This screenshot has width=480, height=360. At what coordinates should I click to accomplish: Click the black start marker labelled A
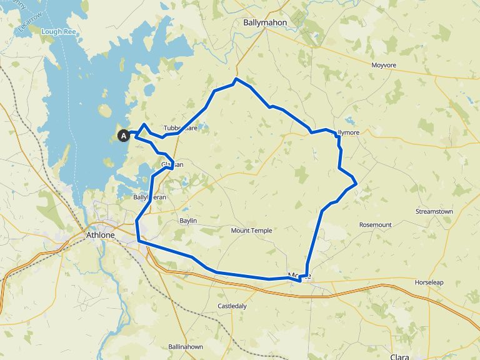(x=123, y=135)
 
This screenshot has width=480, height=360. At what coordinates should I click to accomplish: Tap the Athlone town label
(x=100, y=236)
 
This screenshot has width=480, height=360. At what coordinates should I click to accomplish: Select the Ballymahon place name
(x=264, y=23)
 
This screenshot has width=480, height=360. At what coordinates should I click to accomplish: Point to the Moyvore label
(x=384, y=65)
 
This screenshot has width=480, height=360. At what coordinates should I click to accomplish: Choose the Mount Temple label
(x=251, y=231)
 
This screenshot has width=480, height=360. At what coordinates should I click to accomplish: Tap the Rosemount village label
(x=375, y=224)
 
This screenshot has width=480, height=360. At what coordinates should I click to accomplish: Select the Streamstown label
(x=434, y=212)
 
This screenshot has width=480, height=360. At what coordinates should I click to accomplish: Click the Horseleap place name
(x=429, y=282)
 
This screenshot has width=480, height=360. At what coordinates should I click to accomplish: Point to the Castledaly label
(x=232, y=306)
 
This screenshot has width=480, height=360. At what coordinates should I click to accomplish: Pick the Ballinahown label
(x=186, y=347)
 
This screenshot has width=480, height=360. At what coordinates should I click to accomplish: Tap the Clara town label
(x=400, y=356)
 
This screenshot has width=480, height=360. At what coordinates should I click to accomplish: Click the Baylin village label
(x=188, y=221)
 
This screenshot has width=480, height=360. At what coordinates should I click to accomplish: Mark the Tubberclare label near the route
(x=181, y=128)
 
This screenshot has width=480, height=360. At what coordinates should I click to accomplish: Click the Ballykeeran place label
(x=149, y=197)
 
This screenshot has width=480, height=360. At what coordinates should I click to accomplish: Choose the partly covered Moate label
(x=299, y=275)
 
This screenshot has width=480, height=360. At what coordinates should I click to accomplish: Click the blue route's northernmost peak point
(x=236, y=79)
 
